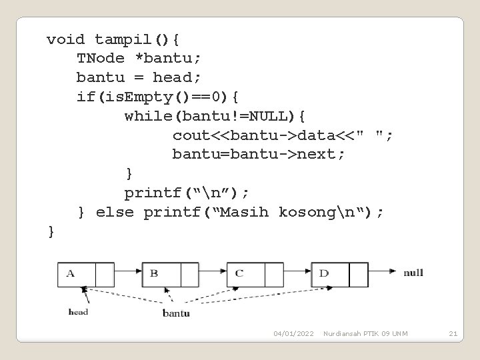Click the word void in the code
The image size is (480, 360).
coord(65,39)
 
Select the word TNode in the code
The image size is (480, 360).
coord(100,59)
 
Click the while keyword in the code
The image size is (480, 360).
coord(148,117)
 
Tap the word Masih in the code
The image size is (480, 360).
coord(245,213)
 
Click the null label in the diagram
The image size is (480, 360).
coord(413,273)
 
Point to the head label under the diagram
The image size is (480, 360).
coord(78,311)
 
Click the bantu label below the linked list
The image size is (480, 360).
coord(176,313)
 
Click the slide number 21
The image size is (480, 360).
coord(453,333)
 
